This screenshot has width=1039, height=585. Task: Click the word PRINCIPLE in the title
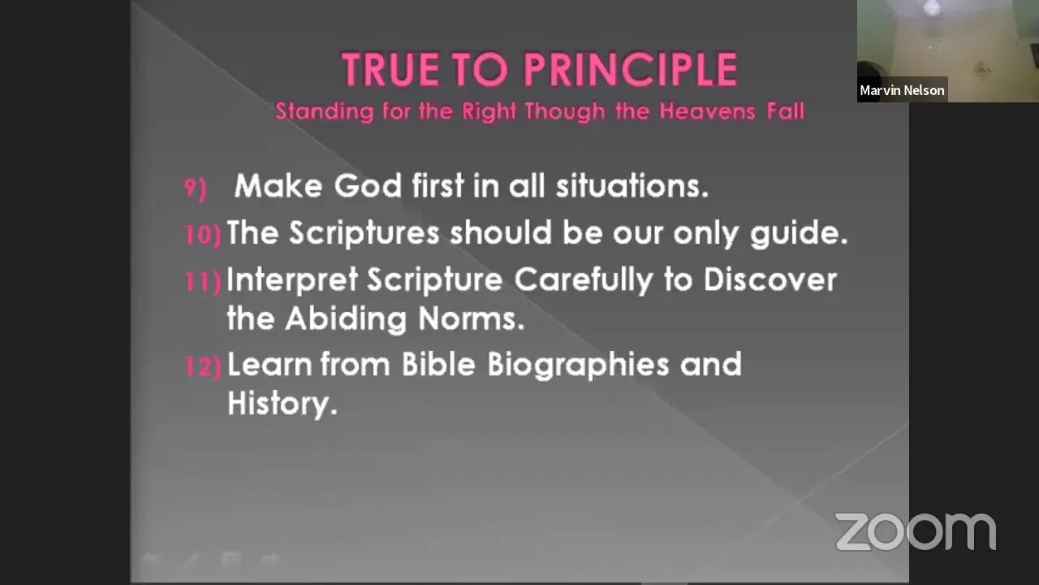click(631, 69)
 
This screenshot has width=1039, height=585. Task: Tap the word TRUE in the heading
click(390, 69)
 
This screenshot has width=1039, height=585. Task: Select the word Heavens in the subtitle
click(707, 111)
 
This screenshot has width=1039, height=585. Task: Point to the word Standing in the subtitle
click(324, 112)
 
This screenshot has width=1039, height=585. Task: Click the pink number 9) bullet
click(196, 188)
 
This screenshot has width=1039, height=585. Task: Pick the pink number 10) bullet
click(203, 235)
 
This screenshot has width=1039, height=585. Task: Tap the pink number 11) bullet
click(203, 281)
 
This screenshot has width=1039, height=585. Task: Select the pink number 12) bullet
click(203, 366)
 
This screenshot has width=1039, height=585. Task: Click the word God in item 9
click(368, 186)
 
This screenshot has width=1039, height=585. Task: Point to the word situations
click(632, 186)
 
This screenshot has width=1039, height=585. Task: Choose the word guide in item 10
click(799, 233)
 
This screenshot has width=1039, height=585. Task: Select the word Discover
click(770, 279)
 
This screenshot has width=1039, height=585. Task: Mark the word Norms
click(472, 318)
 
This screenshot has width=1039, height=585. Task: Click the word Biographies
click(578, 366)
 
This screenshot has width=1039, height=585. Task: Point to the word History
click(282, 404)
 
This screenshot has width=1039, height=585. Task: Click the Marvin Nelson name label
click(902, 90)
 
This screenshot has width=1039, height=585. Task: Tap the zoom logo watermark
click(916, 531)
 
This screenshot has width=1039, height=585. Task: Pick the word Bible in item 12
click(438, 364)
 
